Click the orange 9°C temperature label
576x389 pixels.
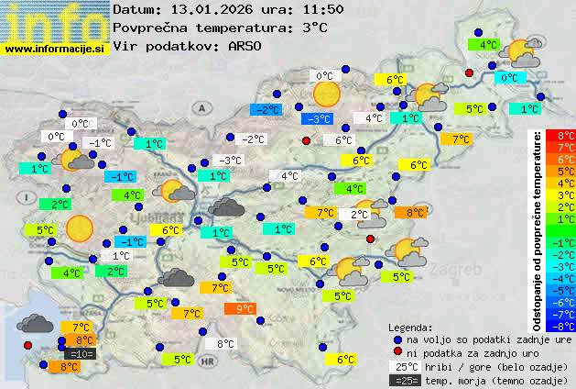pos(244,309)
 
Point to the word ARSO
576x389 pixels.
pos(245,46)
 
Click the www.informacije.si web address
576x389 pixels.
pos(55,49)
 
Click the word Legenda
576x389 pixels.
pos(410,327)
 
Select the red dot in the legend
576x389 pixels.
pos(397,352)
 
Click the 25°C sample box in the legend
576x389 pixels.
pos(404,366)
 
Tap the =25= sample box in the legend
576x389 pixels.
pos(404,380)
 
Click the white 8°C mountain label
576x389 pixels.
pos(224,344)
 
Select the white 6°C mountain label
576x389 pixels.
pos(343,140)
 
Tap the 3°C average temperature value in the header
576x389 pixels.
pos(314,28)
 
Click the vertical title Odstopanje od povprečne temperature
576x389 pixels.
pos(537,229)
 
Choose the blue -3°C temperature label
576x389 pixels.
pos(317,119)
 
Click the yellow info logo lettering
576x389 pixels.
pos(55,20)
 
